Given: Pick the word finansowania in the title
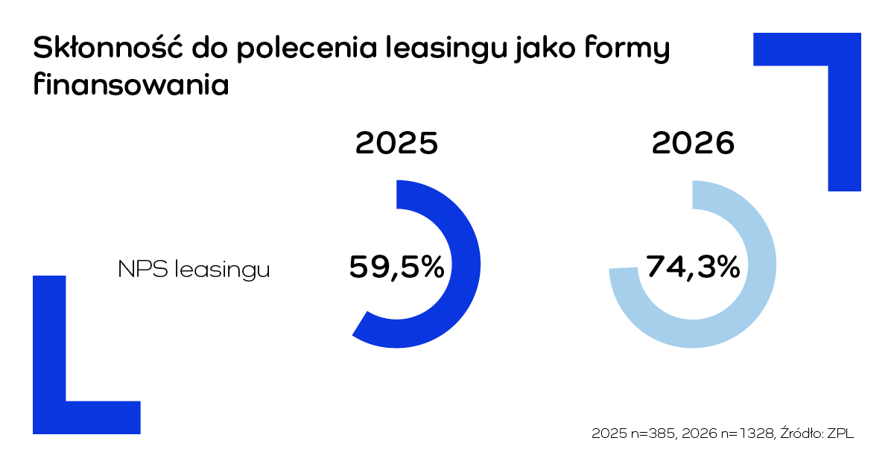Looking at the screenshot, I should click(130, 83).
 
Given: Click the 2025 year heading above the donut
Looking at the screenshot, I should click(396, 143).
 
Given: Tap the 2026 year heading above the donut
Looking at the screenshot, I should click(693, 143).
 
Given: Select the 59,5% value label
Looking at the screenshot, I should click(396, 267).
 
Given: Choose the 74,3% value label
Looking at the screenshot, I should click(693, 267).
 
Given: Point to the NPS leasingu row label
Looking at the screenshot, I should click(194, 270).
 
